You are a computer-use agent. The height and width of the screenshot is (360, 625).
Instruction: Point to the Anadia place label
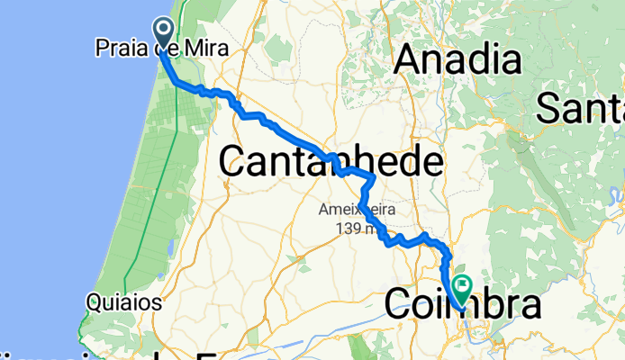pos(458,61)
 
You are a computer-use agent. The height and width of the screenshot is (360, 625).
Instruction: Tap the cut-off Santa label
pos(580,110)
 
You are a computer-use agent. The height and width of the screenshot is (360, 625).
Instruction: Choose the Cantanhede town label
pos(331,163)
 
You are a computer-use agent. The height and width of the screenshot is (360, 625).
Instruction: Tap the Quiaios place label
pos(124,302)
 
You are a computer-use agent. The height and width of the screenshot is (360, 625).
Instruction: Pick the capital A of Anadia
pos(410,61)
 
